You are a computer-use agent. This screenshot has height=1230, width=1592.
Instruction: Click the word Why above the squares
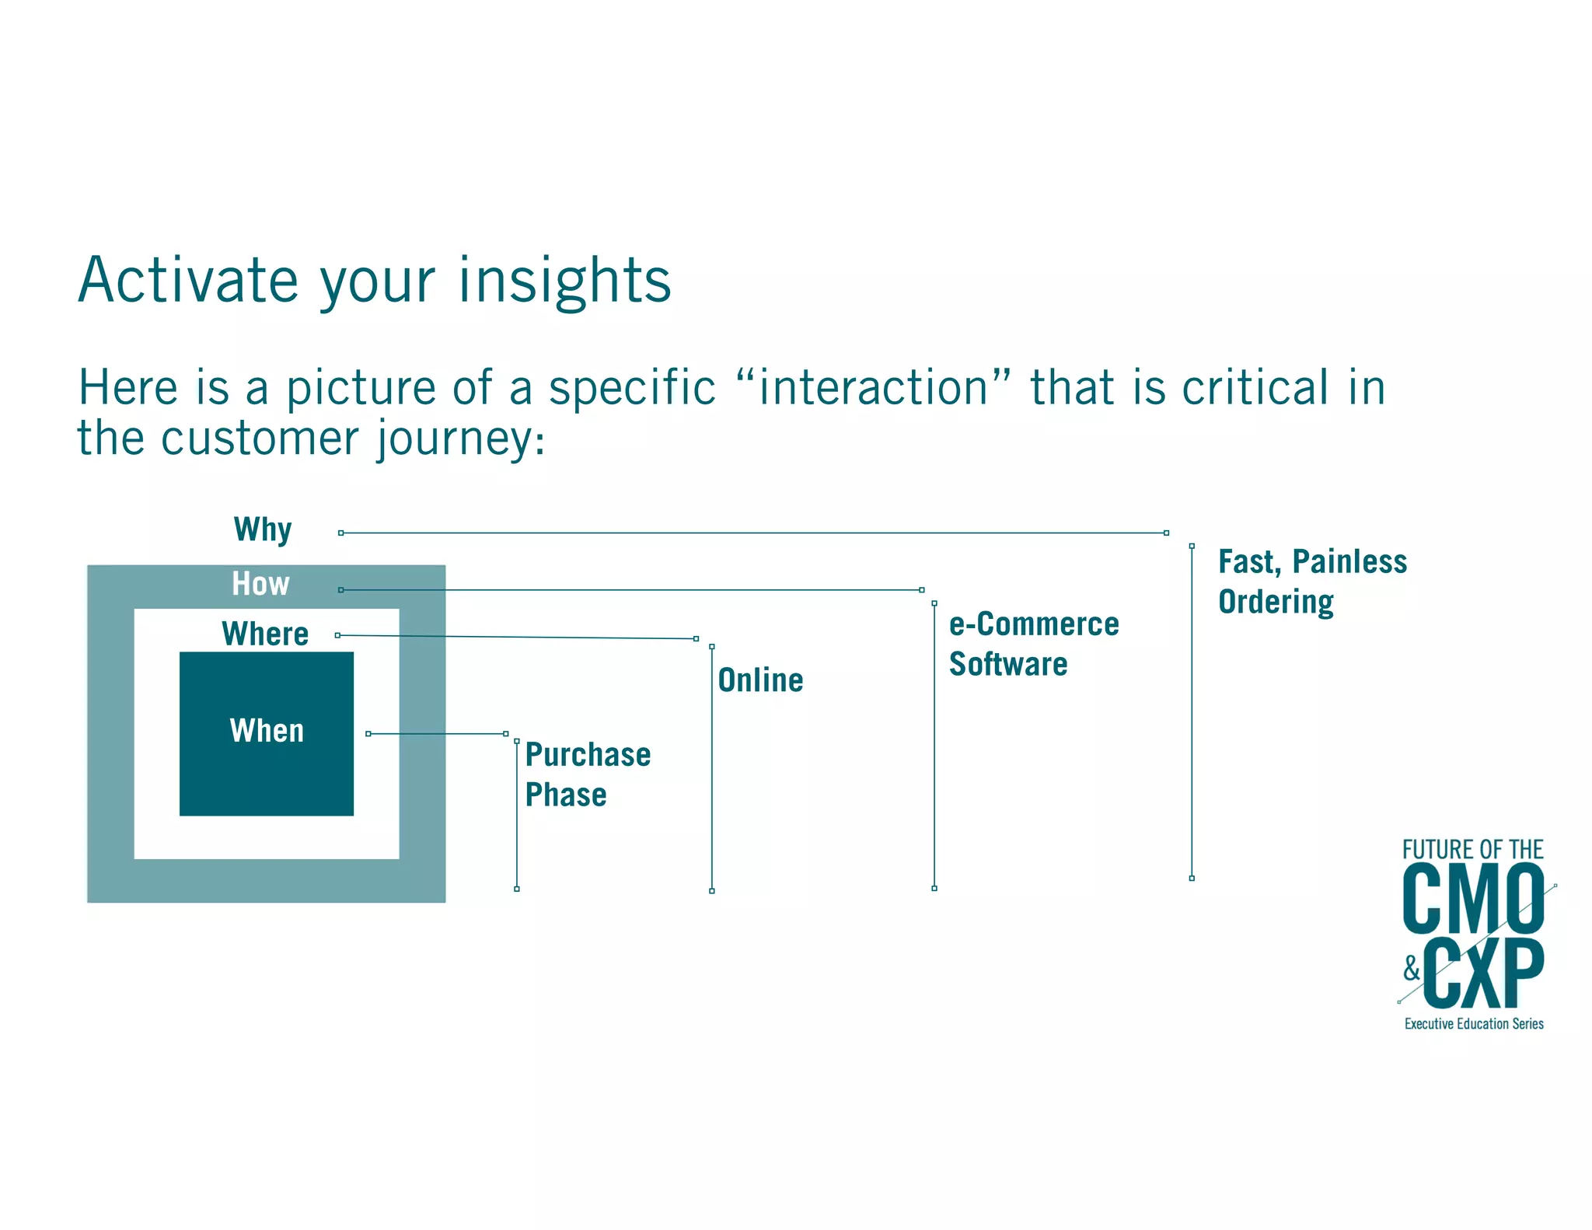pyautogui.click(x=263, y=529)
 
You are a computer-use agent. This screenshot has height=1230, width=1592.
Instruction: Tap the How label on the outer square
pyautogui.click(x=260, y=584)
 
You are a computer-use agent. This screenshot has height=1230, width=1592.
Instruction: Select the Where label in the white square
pyautogui.click(x=265, y=634)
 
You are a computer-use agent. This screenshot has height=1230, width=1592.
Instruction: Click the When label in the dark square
pyautogui.click(x=267, y=731)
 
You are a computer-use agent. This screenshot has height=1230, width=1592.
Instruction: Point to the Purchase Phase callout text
pyautogui.click(x=587, y=774)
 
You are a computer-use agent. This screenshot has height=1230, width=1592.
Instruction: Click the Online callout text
pyautogui.click(x=760, y=680)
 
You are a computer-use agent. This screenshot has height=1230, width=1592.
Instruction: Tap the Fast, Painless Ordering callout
pyautogui.click(x=1311, y=582)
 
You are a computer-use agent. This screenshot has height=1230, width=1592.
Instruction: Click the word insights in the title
pyautogui.click(x=564, y=281)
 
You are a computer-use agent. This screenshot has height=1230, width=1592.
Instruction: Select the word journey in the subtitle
pyautogui.click(x=454, y=439)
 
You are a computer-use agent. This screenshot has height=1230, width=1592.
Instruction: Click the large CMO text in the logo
pyautogui.click(x=1473, y=900)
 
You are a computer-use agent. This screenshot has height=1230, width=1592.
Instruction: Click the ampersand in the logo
pyautogui.click(x=1412, y=969)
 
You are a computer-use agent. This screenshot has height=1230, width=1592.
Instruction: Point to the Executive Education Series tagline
pyautogui.click(x=1474, y=1024)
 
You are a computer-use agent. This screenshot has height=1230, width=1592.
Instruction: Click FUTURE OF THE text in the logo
pyautogui.click(x=1472, y=850)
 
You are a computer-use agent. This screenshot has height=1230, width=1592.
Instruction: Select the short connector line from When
pyautogui.click(x=437, y=734)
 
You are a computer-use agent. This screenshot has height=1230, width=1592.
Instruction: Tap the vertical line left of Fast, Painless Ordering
pyautogui.click(x=1192, y=711)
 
